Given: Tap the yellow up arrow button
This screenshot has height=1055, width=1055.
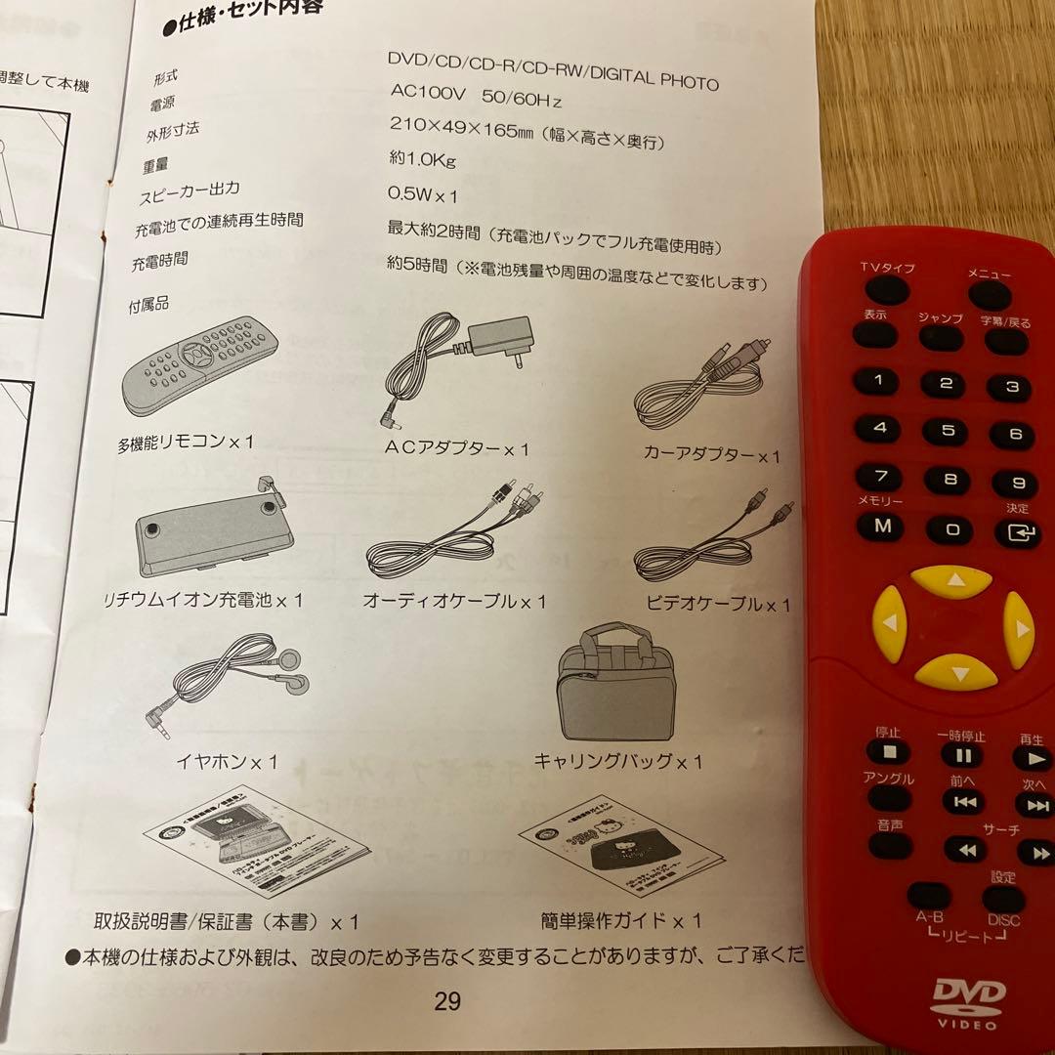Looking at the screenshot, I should (951, 582).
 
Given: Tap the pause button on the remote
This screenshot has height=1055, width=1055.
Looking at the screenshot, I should (962, 754).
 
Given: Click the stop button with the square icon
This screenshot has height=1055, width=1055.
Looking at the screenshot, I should (888, 751).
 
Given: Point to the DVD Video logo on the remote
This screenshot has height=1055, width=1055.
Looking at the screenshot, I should (968, 1001).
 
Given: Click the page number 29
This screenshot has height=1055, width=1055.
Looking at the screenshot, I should (447, 1001).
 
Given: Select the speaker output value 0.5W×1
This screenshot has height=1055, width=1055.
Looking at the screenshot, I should (423, 194).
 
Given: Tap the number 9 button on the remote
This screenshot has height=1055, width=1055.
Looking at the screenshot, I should (1016, 483).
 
